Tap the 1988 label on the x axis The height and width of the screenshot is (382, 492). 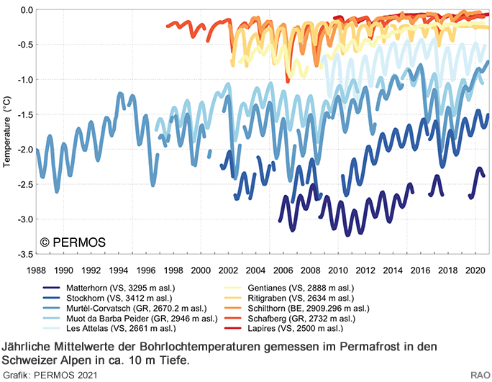coord(37,270)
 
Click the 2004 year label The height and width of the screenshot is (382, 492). coord(255,270)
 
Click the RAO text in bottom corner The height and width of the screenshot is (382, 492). coord(480,375)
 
